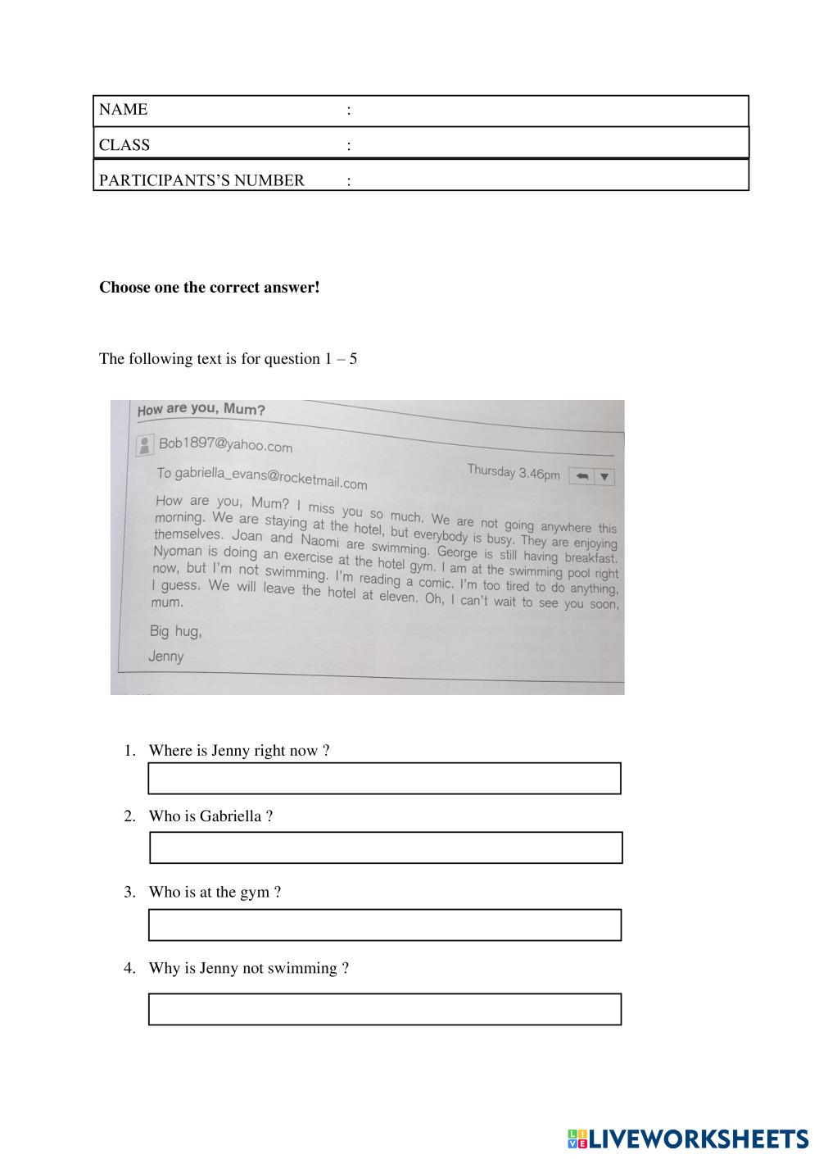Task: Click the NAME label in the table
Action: pos(124,110)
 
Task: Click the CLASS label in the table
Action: pos(124,145)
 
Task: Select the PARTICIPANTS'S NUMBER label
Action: pos(201,180)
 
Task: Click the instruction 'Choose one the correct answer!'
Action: pos(210,288)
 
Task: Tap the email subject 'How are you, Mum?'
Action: pos(201,410)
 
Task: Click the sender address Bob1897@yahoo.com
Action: pos(225,445)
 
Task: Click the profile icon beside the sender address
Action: pos(145,445)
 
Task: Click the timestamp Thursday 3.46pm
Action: pos(514,472)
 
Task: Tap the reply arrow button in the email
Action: pos(581,476)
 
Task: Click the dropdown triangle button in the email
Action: pos(604,477)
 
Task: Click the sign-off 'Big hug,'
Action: pos(175,631)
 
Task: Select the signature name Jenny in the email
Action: pos(166,657)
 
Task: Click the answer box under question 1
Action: pos(384,779)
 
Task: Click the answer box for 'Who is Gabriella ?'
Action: pos(386,848)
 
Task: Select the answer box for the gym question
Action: pos(384,925)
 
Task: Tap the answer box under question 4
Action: pos(384,1009)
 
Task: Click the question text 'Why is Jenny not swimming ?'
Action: pos(249,968)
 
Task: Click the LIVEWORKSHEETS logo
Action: pos(687,1139)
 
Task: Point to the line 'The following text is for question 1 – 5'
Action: pos(229,359)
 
